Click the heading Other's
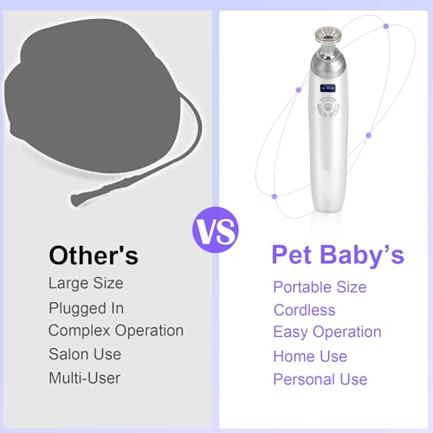(x=94, y=255)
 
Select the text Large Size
(x=87, y=283)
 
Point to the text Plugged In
(x=86, y=307)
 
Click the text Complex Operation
(x=116, y=331)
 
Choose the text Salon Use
(x=85, y=354)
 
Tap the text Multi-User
(x=85, y=378)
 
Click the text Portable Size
(x=320, y=287)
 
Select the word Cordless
(x=304, y=310)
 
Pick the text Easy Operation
(x=327, y=333)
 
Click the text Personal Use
(x=320, y=379)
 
